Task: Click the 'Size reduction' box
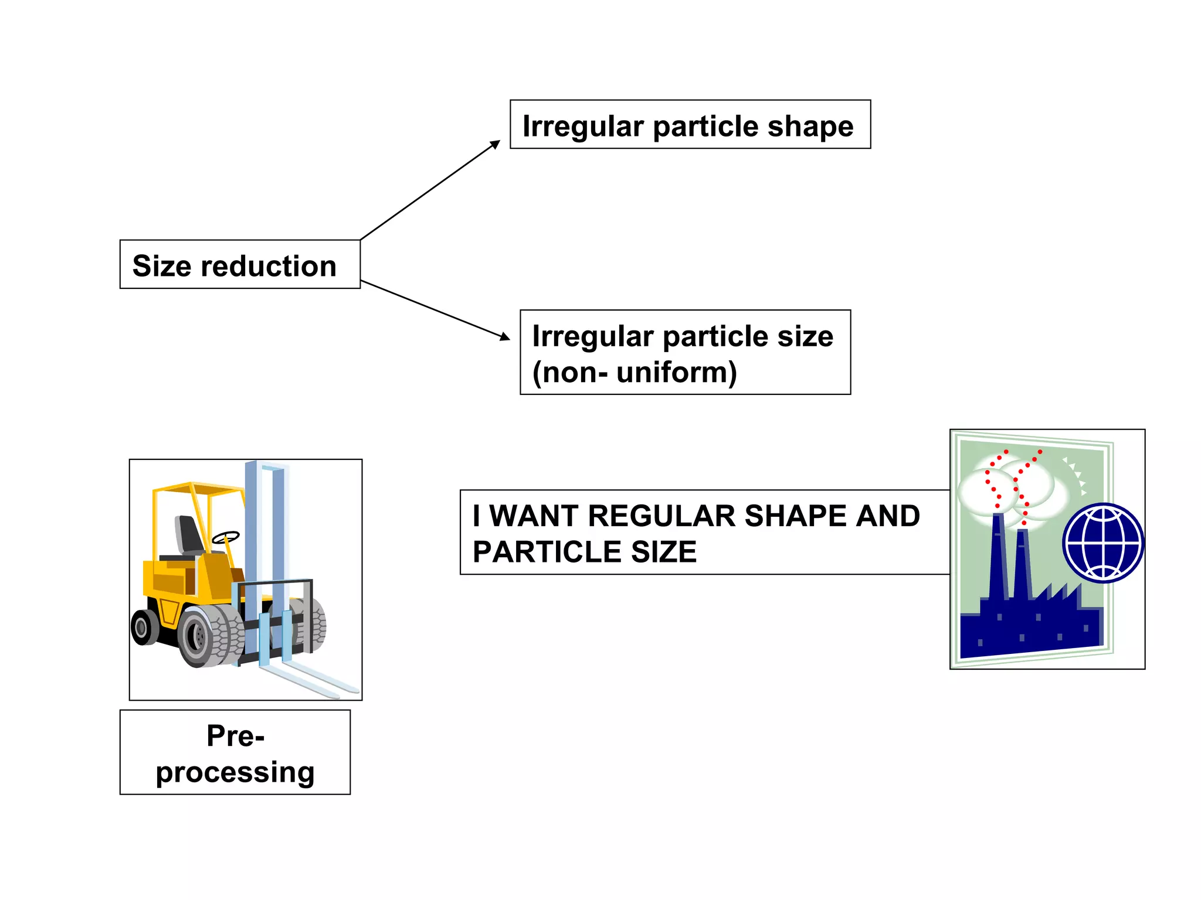pos(240,264)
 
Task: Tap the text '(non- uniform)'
pos(634,372)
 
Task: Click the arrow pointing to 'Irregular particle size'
pos(435,310)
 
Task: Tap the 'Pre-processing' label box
pos(235,752)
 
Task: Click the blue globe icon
pos(1102,543)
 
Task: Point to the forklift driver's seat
pos(189,536)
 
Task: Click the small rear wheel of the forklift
pos(143,628)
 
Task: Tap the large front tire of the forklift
pos(202,636)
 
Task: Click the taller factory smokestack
pos(998,557)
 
